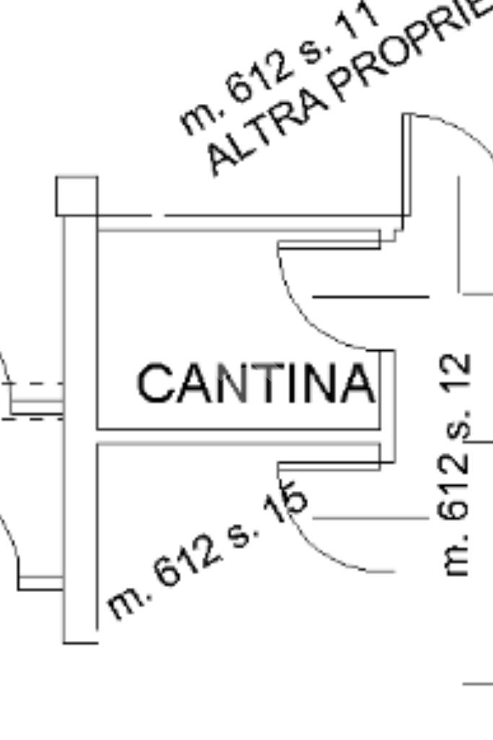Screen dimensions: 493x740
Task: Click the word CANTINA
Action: click(x=256, y=383)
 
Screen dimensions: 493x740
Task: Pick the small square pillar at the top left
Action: click(x=77, y=196)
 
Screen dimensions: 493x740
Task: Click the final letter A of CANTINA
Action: click(x=359, y=383)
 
